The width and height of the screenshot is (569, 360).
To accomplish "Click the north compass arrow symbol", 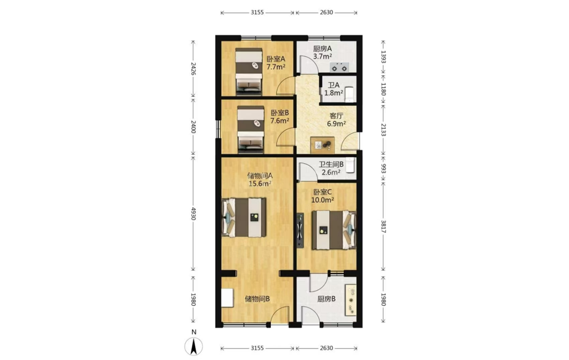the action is click(194, 346).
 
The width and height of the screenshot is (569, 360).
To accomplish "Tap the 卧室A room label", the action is click(276, 59).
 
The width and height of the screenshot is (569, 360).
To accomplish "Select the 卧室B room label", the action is click(280, 113).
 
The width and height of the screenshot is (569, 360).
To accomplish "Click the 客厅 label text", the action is click(337, 116).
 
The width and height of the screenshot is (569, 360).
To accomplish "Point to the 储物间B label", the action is click(257, 299).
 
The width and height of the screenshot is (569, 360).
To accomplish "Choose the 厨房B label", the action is click(326, 299).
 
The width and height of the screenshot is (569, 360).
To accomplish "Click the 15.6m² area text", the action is click(260, 183).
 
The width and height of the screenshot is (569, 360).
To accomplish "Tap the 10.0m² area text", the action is click(322, 200).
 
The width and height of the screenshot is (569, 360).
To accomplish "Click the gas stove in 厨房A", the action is click(340, 67).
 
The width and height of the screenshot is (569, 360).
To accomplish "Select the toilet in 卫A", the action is click(350, 93).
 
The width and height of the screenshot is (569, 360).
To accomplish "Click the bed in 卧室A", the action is click(249, 69).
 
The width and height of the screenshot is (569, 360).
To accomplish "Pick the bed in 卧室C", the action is click(334, 230).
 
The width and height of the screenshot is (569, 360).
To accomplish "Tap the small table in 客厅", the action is click(322, 145).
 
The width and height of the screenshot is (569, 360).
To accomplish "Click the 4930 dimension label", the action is click(193, 214).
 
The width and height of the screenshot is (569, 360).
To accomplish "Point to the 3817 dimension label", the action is click(383, 226).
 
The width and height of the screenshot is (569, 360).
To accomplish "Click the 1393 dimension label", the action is click(383, 57).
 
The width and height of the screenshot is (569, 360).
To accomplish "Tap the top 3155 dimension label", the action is click(257, 12).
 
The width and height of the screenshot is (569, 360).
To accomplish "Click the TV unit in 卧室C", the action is click(300, 230).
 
